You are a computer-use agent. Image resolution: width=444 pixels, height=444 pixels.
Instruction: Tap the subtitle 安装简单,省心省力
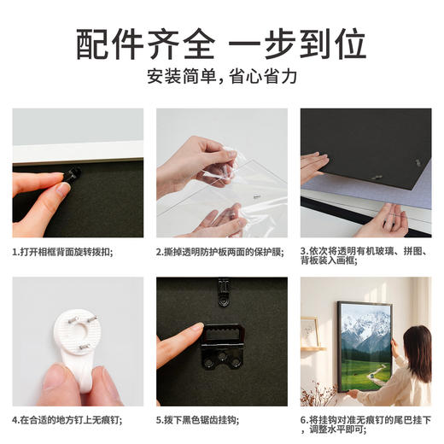point(221,76)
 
